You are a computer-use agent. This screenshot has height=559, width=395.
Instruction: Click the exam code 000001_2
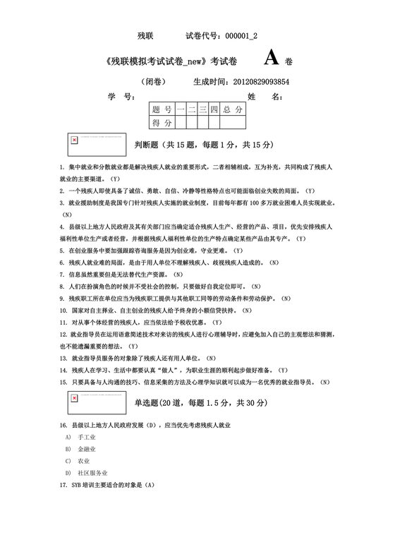238,35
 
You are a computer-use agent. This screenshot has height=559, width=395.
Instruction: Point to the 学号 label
117,97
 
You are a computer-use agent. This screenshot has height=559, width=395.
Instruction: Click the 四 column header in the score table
214,110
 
